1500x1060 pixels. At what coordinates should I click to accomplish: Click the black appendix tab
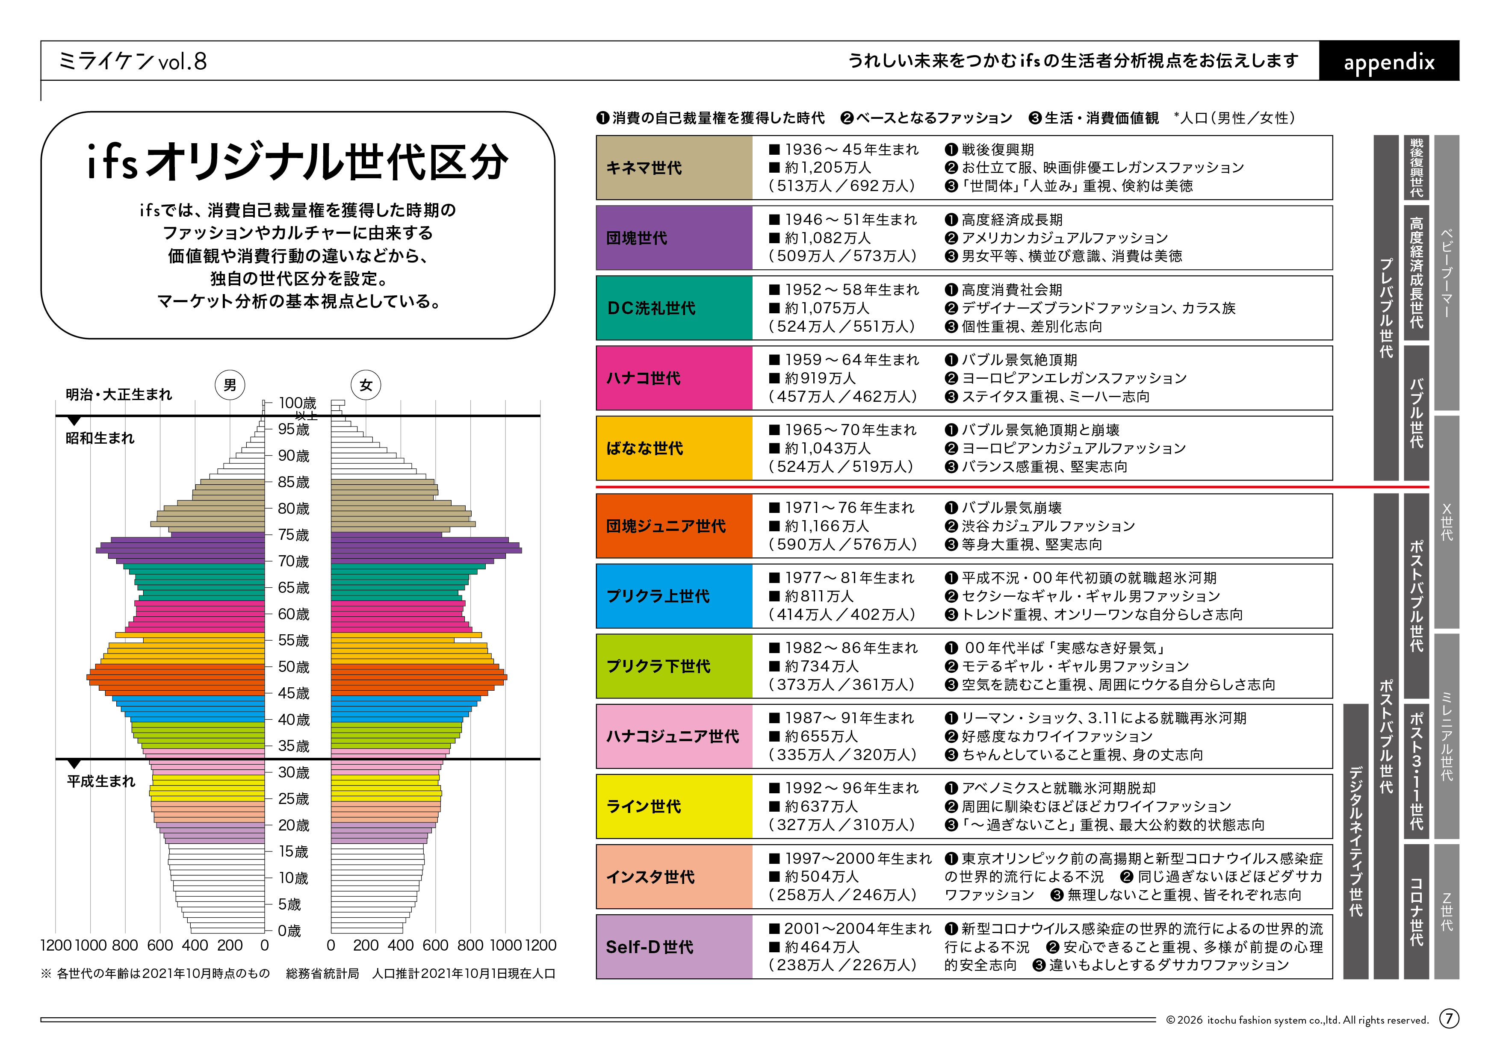click(x=1388, y=62)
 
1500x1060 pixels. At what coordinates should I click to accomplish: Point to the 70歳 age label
click(x=293, y=562)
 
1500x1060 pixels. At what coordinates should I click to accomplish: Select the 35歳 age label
click(x=293, y=746)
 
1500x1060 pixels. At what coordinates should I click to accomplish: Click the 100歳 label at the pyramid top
click(x=297, y=403)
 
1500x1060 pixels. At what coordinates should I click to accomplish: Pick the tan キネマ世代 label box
click(x=674, y=168)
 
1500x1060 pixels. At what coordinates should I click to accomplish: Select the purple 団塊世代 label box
click(x=674, y=238)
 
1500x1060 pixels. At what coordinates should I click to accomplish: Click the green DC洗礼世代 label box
click(x=674, y=308)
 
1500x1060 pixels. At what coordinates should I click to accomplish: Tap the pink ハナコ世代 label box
click(x=674, y=378)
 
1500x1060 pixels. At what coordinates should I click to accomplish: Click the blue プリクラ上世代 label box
click(x=674, y=596)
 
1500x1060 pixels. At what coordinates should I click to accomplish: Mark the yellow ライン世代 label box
click(x=674, y=807)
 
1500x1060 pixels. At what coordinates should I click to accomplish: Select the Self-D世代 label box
click(x=674, y=947)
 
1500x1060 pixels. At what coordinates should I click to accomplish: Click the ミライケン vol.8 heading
click(x=133, y=62)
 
